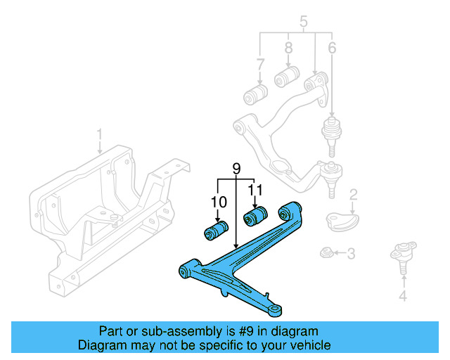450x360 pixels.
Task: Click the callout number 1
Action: (100, 133)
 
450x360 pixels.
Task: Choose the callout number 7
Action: (260, 65)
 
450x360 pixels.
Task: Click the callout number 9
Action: (236, 169)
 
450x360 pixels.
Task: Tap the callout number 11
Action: (256, 189)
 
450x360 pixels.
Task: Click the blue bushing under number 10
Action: (217, 230)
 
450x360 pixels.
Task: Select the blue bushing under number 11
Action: (257, 214)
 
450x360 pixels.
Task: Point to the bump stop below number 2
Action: (342, 220)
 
